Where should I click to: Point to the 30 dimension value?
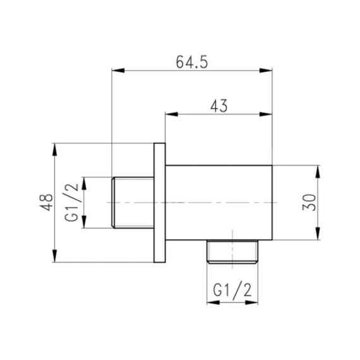[x=309, y=203]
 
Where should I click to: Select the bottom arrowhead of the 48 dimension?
[x=55, y=258]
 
